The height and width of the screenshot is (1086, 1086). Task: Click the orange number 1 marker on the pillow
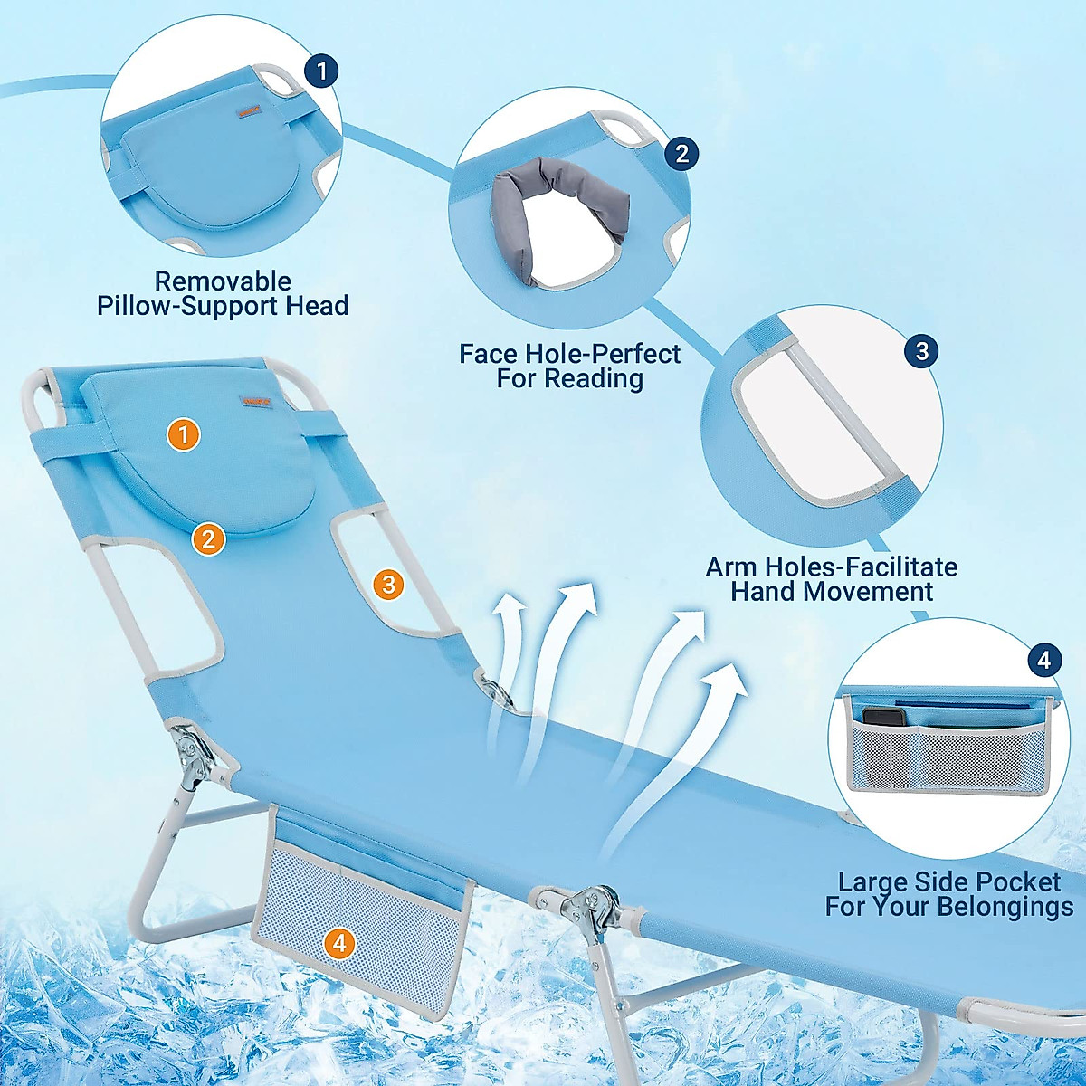point(184,435)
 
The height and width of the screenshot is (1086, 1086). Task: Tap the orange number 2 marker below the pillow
point(208,539)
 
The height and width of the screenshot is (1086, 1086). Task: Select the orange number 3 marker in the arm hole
point(389,585)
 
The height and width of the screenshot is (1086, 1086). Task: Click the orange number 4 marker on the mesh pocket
point(339,944)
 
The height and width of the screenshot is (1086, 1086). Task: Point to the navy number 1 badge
point(321,71)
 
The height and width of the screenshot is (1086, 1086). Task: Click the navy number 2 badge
point(681,153)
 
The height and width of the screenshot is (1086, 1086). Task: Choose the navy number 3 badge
point(921,351)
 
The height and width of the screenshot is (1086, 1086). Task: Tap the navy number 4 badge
point(1043,660)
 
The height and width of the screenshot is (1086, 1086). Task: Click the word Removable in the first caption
point(223,281)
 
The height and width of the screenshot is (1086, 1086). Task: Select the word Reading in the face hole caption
point(595,378)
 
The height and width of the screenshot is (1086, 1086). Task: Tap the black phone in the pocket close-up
point(883,717)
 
